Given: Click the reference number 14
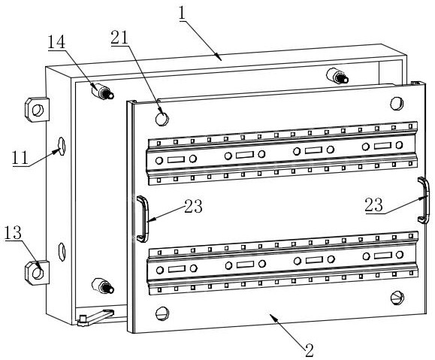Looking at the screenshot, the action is [56, 42].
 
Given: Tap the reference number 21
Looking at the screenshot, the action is [119, 38].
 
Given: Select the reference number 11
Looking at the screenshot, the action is [20, 157].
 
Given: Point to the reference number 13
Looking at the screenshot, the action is [14, 232].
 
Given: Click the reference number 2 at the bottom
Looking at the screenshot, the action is [310, 350].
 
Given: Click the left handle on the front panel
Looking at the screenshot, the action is [143, 219].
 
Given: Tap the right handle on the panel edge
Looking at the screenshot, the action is [424, 200].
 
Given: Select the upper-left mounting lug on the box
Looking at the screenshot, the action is [37, 110].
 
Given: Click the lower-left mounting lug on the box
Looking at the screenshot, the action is [37, 273].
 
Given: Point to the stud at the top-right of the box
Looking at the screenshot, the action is [337, 75].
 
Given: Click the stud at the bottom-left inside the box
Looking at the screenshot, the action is [103, 286].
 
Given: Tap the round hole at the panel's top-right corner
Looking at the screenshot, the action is [397, 103].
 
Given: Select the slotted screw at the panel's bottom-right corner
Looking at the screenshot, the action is [397, 298].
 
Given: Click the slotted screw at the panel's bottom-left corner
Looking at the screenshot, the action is [162, 313].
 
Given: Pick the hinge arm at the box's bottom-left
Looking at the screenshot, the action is [95, 318].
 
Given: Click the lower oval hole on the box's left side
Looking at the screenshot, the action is [62, 251].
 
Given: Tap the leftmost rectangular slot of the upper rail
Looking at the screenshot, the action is [176, 159].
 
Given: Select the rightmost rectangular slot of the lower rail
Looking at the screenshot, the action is [383, 256].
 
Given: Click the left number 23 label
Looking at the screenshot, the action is [193, 206].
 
